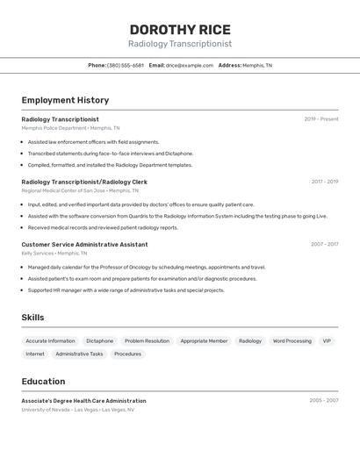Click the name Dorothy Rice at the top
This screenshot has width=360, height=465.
point(180,29)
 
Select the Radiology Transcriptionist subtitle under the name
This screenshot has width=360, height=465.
point(180,43)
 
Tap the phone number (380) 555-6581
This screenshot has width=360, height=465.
point(126,65)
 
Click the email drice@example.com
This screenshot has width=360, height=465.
point(190,65)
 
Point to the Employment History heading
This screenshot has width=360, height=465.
point(65,100)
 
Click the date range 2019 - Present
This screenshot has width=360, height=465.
point(321,119)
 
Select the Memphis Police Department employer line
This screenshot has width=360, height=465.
point(70,128)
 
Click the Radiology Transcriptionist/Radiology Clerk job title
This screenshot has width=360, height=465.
point(84,182)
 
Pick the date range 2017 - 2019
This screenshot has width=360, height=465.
point(324,182)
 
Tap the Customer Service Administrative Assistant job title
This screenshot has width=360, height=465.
point(84,244)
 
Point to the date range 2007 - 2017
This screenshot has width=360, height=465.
point(324,244)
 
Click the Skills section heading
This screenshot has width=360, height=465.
point(32,318)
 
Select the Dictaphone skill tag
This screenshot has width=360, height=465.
point(99,341)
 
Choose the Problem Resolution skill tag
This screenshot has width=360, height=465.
point(147,341)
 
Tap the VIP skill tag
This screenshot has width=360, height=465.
point(327,341)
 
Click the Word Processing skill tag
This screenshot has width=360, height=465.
point(292,341)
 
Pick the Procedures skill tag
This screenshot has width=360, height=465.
point(127,354)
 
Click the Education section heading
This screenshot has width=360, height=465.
point(43,382)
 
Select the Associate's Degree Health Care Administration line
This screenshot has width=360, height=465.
point(83,400)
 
